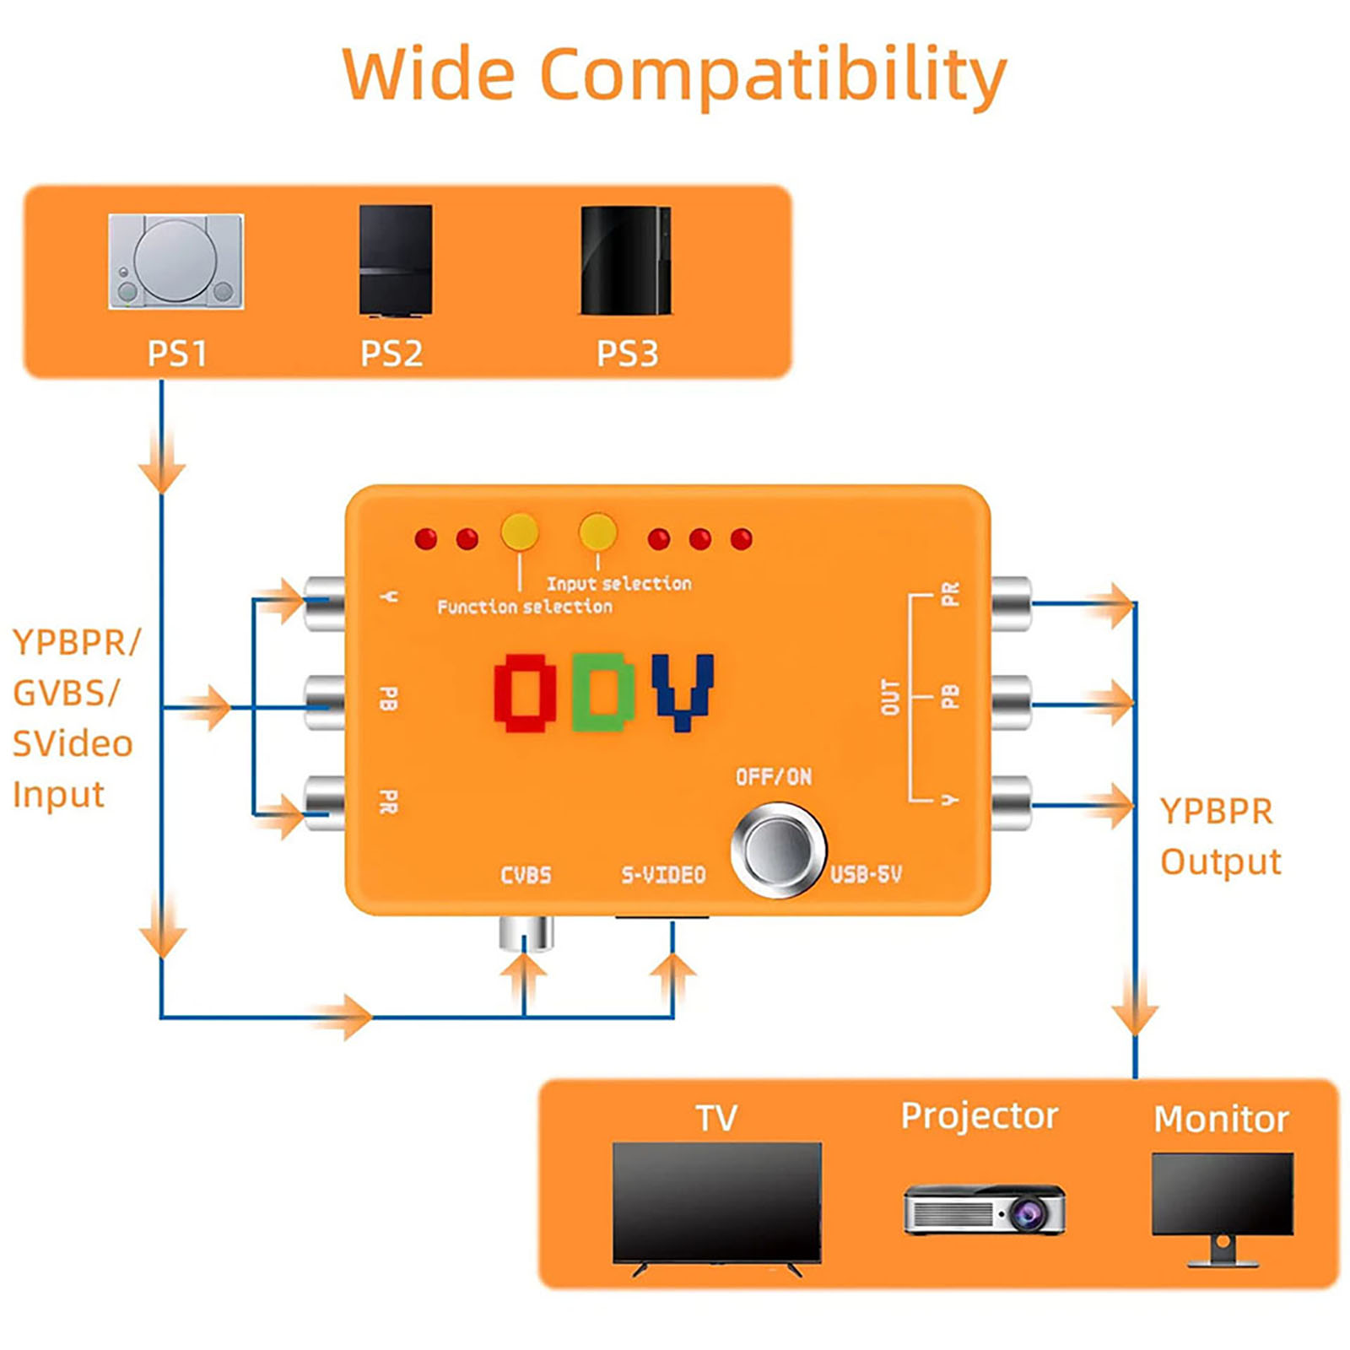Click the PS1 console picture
(175, 261)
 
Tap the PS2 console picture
(395, 261)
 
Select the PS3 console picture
(626, 261)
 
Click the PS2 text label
(391, 353)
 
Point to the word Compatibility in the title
(773, 76)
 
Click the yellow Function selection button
(520, 532)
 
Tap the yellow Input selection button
(597, 532)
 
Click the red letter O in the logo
(525, 692)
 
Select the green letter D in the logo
(602, 692)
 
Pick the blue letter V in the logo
(683, 692)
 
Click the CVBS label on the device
(526, 875)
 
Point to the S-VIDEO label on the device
(663, 875)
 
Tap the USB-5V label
(866, 874)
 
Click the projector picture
(985, 1209)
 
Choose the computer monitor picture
(1223, 1208)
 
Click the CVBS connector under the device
(526, 933)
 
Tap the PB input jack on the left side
(325, 702)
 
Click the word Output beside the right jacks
(1221, 862)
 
